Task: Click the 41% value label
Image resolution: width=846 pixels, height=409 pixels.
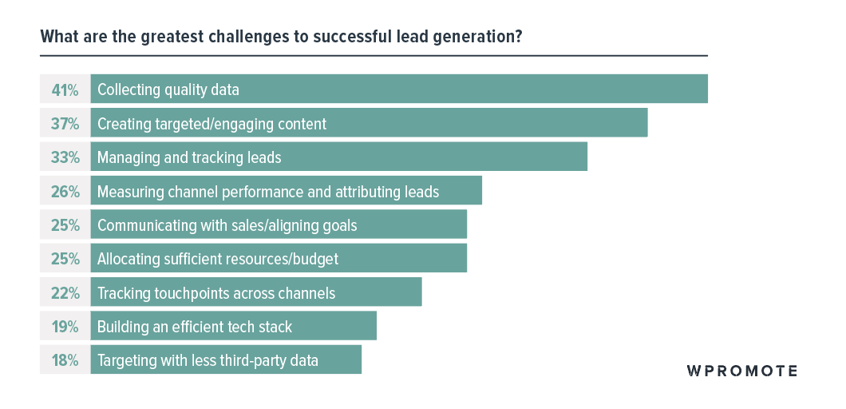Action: coord(65,89)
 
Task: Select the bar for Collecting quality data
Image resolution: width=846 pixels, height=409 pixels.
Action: coord(479,89)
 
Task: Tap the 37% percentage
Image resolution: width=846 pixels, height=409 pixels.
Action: coord(65,124)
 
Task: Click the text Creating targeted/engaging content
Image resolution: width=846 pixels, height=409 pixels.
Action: coord(211,124)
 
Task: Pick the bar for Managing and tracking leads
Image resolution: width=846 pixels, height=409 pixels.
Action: coord(439,157)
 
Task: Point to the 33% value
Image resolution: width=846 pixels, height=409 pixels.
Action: coord(65,157)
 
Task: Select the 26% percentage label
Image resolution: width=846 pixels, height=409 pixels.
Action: coord(65,192)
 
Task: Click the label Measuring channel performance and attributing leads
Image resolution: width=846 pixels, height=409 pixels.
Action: coord(268,192)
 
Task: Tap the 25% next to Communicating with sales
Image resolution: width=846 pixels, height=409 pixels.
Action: coord(65,225)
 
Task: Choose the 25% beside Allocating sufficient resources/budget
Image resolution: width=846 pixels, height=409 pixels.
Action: coord(65,259)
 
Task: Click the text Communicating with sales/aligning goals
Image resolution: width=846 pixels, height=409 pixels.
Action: coord(227,225)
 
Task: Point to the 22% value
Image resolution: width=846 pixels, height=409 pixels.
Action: coord(65,293)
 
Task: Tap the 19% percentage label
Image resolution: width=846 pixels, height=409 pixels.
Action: coord(65,327)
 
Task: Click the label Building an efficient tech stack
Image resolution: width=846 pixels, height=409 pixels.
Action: coord(195,327)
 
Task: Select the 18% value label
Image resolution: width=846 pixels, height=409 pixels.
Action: coord(65,360)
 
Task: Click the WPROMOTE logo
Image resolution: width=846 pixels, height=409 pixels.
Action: coord(742,371)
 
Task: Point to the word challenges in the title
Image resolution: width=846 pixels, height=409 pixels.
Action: coord(223,38)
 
